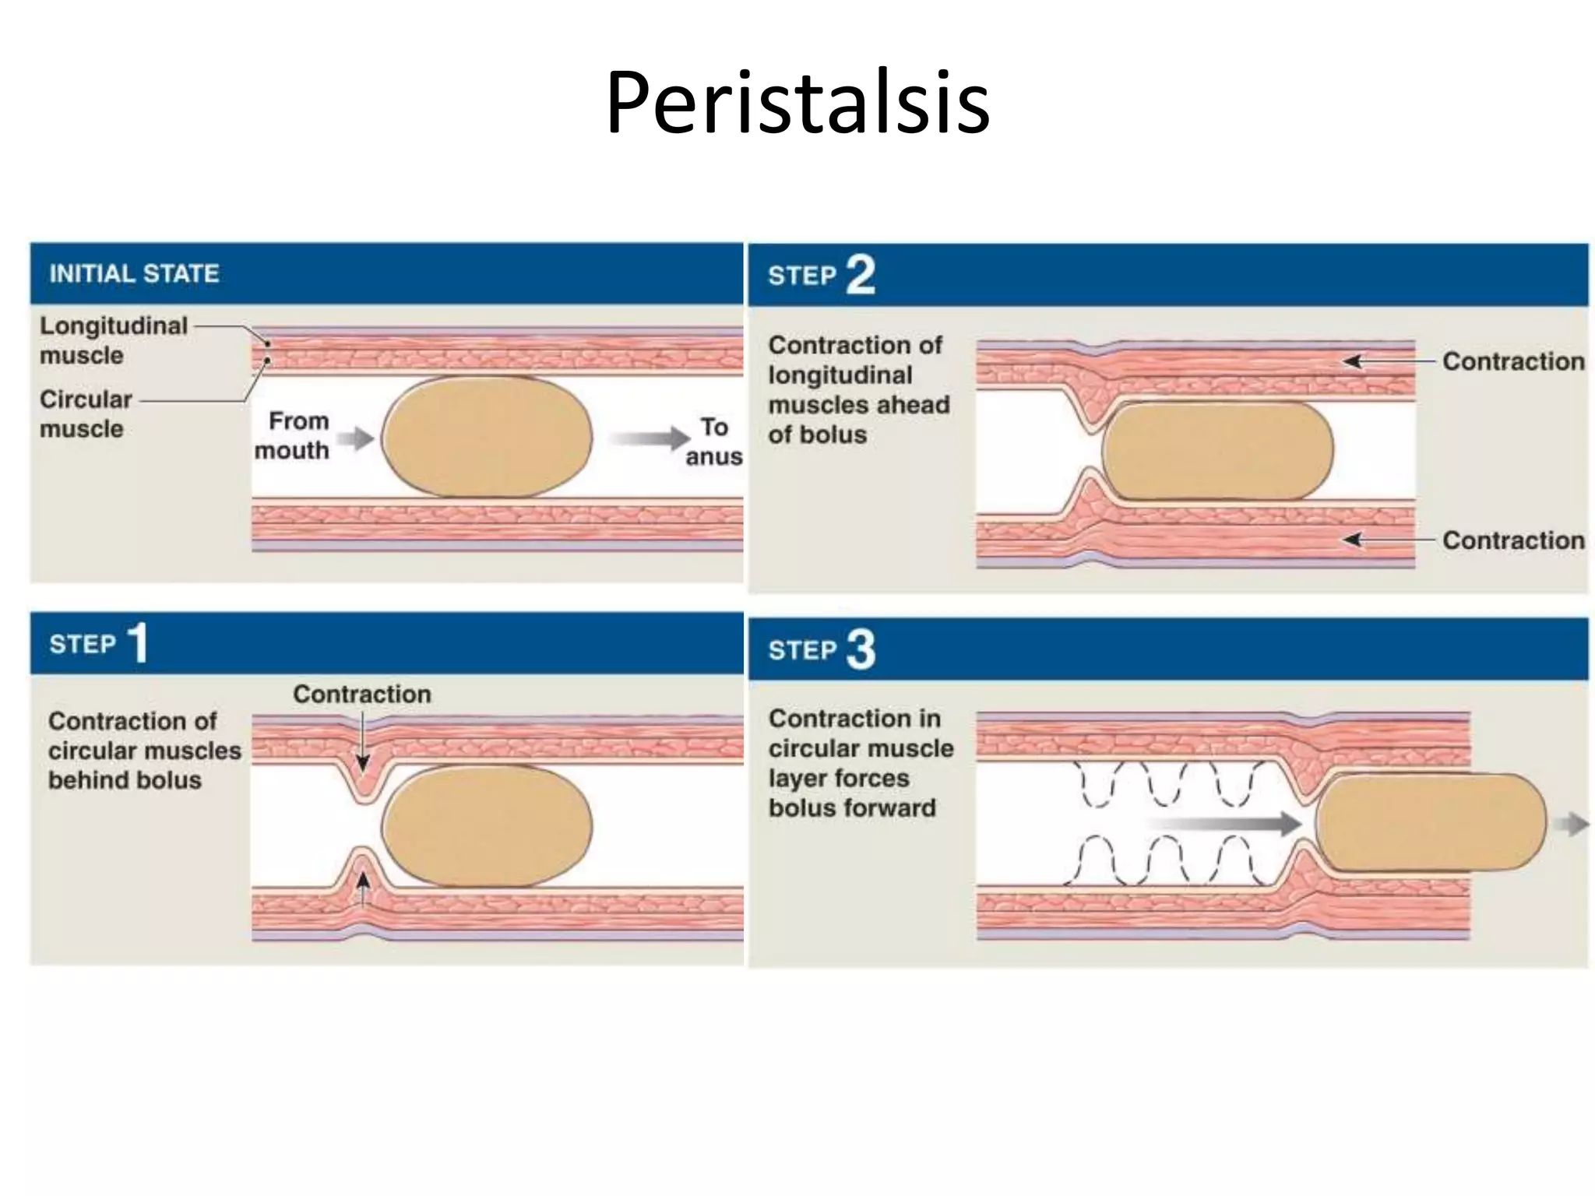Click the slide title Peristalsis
(x=797, y=103)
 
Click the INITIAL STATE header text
(x=134, y=273)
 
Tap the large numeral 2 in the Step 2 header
(x=860, y=275)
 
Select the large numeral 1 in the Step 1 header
(x=138, y=643)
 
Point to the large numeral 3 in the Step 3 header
(x=860, y=649)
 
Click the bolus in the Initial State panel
(x=487, y=437)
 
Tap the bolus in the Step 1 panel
(x=487, y=826)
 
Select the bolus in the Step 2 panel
(x=1217, y=450)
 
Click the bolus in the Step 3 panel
(x=1430, y=822)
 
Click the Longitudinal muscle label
(x=114, y=340)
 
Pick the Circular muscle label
(x=86, y=413)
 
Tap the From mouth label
(x=293, y=435)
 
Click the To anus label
(x=713, y=441)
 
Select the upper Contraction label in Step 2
(x=1512, y=361)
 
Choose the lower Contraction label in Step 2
(x=1512, y=540)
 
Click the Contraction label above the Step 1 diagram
(x=362, y=694)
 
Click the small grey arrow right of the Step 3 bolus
(x=1573, y=824)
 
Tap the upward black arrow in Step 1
(x=363, y=888)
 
